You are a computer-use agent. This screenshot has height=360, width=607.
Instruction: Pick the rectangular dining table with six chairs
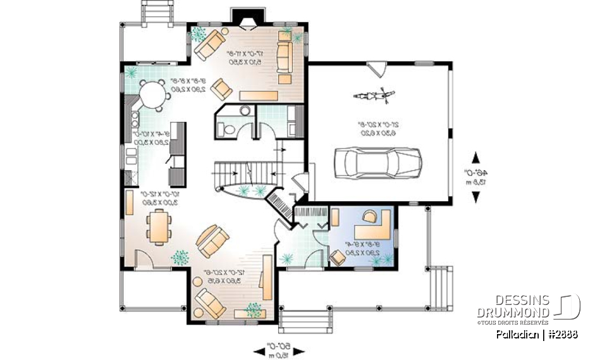157,226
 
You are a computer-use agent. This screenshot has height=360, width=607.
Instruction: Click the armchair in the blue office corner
337,258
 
